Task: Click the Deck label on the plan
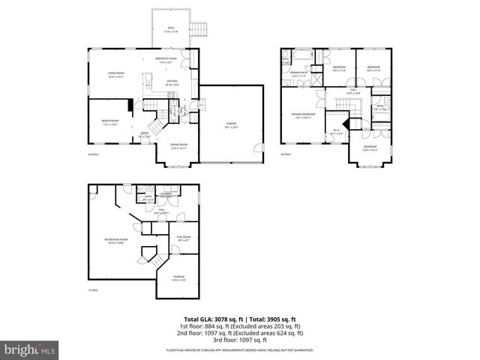[170, 29]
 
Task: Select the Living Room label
[115, 74]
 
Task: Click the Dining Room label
[178, 146]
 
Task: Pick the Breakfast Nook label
[166, 60]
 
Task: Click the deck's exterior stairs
[199, 29]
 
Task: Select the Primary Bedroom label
[304, 115]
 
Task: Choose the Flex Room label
[184, 238]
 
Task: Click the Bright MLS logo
[30, 349]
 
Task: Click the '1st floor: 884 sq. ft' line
[239, 326]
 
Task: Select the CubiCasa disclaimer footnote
[239, 350]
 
